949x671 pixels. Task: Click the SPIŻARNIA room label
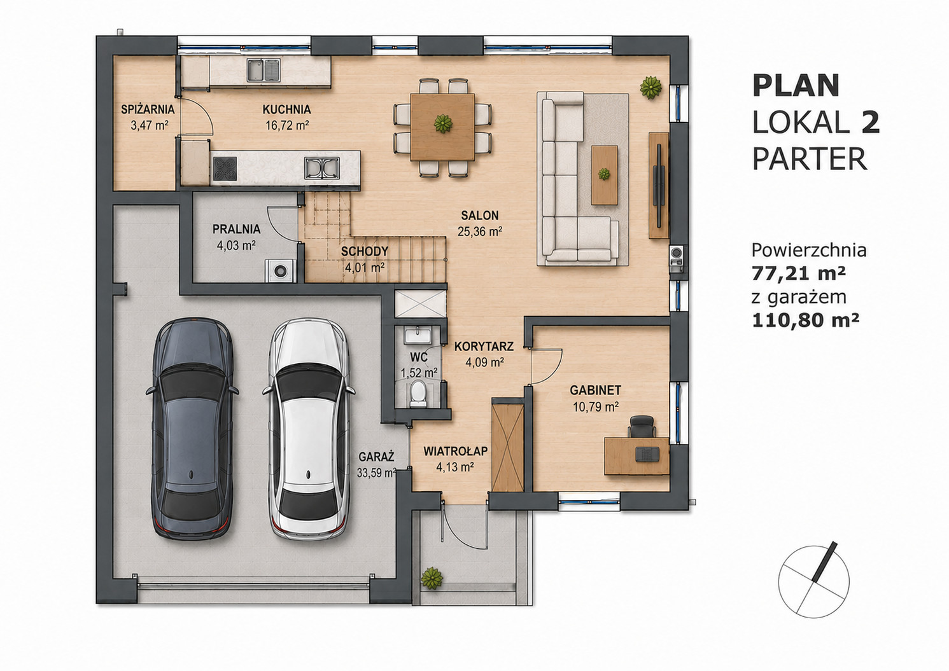click(x=148, y=109)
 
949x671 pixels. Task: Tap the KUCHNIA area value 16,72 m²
click(x=287, y=125)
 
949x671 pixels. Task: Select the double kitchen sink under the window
click(x=264, y=69)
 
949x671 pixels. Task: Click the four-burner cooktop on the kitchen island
click(x=225, y=169)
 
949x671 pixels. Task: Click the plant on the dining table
click(x=443, y=124)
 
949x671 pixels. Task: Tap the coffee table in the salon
click(x=604, y=175)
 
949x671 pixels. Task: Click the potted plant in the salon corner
click(x=650, y=87)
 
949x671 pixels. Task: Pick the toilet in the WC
click(x=419, y=392)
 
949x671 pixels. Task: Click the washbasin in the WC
click(x=418, y=335)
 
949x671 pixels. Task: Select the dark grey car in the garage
click(x=192, y=429)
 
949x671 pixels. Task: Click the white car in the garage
click(x=309, y=429)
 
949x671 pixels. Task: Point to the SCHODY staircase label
click(x=364, y=251)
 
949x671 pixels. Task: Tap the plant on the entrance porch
click(x=432, y=577)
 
